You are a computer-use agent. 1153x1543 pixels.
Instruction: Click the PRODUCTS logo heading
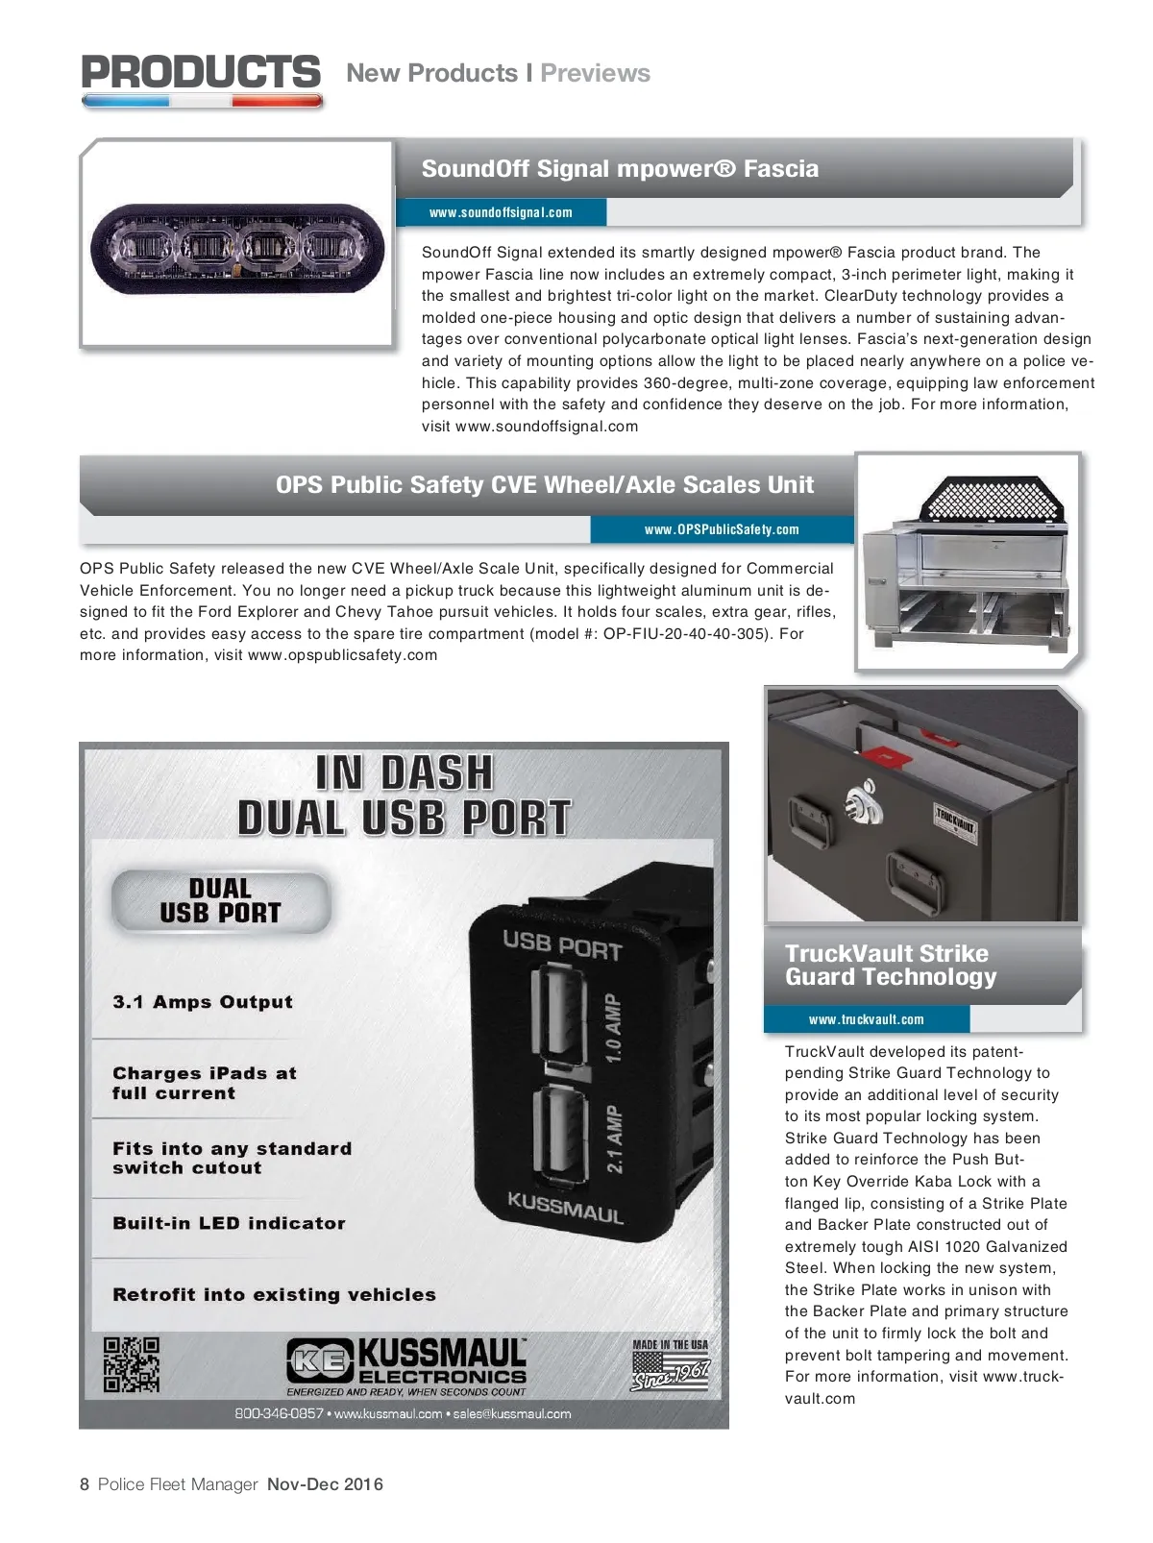pyautogui.click(x=201, y=74)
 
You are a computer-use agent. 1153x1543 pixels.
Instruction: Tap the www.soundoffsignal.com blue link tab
pyautogui.click(x=501, y=212)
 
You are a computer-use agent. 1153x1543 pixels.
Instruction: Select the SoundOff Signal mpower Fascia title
pyautogui.click(x=620, y=169)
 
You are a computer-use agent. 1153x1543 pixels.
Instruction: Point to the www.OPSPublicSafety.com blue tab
pyautogui.click(x=722, y=529)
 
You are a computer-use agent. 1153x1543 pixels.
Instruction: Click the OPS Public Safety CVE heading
pyautogui.click(x=544, y=485)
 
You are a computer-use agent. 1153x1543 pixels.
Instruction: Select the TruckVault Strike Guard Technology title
pyautogui.click(x=890, y=966)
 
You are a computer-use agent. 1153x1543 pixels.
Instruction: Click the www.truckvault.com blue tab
pyautogui.click(x=866, y=1019)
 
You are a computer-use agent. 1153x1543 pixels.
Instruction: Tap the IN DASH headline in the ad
pyautogui.click(x=405, y=773)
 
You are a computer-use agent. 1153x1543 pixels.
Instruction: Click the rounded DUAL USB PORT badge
pyautogui.click(x=221, y=901)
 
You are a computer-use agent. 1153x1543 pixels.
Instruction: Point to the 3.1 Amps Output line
pyautogui.click(x=203, y=1002)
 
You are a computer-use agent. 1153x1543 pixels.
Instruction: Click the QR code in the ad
pyautogui.click(x=132, y=1364)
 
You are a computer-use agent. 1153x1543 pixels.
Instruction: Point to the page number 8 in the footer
pyautogui.click(x=85, y=1484)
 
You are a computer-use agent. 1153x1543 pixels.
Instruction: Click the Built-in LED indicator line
pyautogui.click(x=229, y=1223)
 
